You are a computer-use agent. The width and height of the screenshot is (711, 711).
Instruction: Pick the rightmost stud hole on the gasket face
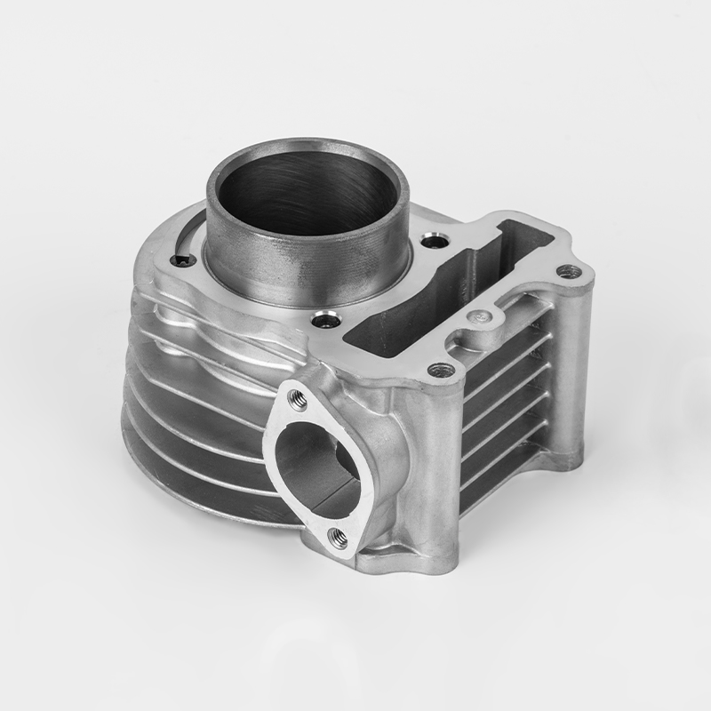click(x=569, y=271)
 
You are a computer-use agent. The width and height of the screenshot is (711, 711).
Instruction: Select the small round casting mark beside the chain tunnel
click(x=483, y=315)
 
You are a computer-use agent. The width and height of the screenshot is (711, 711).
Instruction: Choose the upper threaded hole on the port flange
click(x=299, y=401)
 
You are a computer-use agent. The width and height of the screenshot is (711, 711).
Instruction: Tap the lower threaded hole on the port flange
click(x=338, y=534)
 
